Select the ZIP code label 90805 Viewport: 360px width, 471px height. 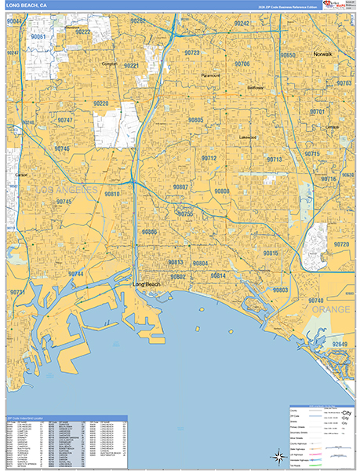click(x=195, y=120)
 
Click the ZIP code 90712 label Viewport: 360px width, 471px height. click(x=209, y=159)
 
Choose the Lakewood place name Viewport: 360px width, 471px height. click(x=248, y=137)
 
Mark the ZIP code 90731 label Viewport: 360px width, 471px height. click(x=19, y=292)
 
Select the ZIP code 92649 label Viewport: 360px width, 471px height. click(x=341, y=344)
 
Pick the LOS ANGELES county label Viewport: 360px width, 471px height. click(x=63, y=190)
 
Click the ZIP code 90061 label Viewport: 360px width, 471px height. click(x=38, y=37)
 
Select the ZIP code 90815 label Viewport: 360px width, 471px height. click(x=271, y=254)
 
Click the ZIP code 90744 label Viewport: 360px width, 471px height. click(x=75, y=273)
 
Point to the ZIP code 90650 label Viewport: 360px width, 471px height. click(x=288, y=56)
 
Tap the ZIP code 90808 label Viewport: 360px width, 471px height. click(x=222, y=191)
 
